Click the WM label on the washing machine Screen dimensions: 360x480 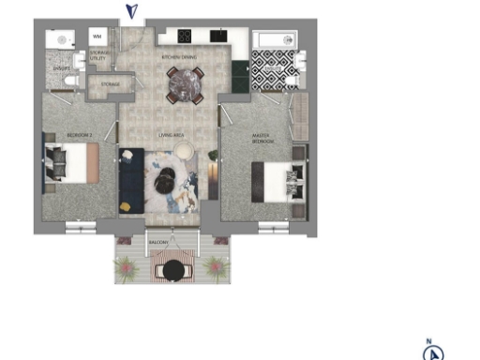(x=97, y=36)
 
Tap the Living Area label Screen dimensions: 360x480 (x=170, y=136)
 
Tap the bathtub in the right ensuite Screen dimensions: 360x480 (x=276, y=39)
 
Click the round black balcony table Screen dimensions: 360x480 (x=172, y=270)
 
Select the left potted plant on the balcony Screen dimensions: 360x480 (x=127, y=270)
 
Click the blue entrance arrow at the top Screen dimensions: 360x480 (x=133, y=11)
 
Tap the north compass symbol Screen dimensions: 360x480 (x=432, y=352)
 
